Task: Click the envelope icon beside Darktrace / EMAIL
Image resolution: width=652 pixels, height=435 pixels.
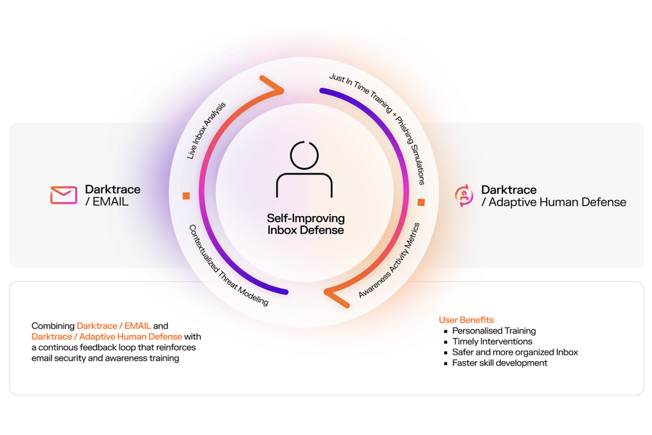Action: click(64, 195)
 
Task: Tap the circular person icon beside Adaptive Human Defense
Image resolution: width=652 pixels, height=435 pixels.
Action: click(464, 196)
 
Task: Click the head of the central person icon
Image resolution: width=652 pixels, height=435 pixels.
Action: click(304, 155)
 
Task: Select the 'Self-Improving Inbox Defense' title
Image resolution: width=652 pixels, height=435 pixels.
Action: click(306, 224)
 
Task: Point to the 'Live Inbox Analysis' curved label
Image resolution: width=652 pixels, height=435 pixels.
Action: click(206, 130)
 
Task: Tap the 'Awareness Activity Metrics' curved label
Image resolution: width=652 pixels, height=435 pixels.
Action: click(389, 260)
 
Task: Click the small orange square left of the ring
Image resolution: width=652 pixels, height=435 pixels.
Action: click(186, 196)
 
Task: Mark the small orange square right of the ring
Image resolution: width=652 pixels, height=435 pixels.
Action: click(421, 202)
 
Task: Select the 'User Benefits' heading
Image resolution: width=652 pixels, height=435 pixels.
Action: click(466, 320)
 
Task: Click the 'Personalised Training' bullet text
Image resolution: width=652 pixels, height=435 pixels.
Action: click(494, 331)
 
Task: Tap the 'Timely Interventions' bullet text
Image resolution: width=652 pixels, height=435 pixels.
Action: click(493, 341)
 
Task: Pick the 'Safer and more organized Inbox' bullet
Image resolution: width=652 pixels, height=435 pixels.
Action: click(515, 352)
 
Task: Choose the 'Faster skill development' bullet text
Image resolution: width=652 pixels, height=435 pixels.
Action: click(500, 363)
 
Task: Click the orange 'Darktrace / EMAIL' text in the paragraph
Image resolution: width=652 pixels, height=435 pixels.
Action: click(114, 326)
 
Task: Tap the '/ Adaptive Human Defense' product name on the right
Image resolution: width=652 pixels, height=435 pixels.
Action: click(554, 202)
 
